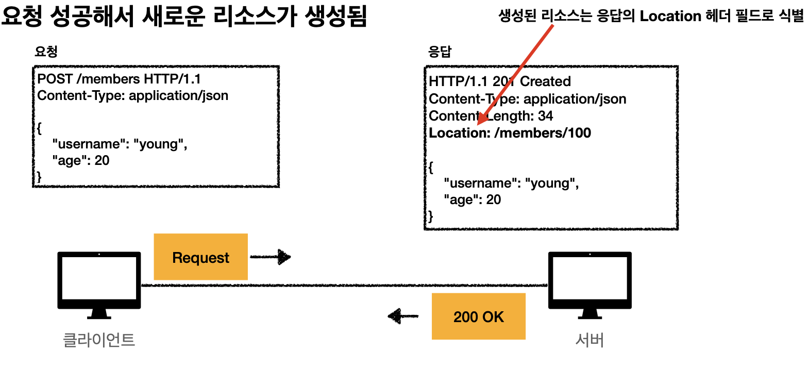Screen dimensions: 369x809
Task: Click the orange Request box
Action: (x=201, y=257)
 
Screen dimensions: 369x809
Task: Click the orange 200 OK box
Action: (x=479, y=316)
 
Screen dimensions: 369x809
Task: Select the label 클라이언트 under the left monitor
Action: (x=99, y=340)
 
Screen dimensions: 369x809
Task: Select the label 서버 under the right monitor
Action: (x=589, y=340)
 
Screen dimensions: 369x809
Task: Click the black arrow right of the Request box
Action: (x=271, y=257)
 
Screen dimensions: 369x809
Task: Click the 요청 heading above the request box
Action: (x=46, y=52)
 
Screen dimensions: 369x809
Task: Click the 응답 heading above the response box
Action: (x=440, y=52)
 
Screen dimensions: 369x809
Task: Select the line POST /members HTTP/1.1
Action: (x=119, y=79)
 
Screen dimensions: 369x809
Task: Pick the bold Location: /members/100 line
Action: (x=510, y=133)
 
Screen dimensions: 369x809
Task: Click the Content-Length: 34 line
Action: (x=491, y=116)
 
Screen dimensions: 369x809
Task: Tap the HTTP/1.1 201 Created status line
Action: (x=500, y=81)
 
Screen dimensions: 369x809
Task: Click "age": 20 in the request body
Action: (x=81, y=160)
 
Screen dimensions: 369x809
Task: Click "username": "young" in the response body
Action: (x=511, y=183)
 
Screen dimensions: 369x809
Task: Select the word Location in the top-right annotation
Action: (x=670, y=16)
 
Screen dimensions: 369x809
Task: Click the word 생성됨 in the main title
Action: (x=336, y=15)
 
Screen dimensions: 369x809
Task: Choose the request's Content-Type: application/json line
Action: (x=133, y=95)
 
